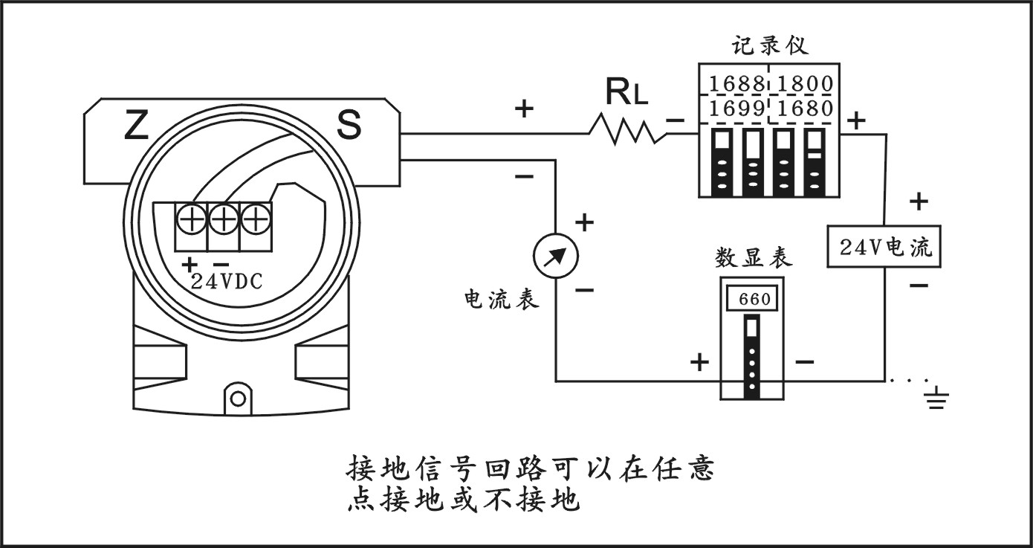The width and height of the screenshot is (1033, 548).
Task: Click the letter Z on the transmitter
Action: pos(136,126)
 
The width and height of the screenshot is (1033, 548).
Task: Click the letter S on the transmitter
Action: pos(349,126)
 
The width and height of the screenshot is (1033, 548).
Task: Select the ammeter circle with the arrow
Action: pos(556,256)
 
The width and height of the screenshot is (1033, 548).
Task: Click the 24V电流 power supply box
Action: pos(884,247)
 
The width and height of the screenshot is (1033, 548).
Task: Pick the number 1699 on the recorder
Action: pos(734,109)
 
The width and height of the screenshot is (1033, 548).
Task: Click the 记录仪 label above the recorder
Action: pos(769,46)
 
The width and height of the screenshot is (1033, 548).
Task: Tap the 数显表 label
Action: pos(753,258)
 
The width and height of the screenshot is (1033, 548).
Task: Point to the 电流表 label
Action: pos(499,299)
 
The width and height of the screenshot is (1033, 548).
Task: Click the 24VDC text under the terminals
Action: pos(227,282)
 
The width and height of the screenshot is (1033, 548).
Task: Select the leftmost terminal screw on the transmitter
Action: pos(191,219)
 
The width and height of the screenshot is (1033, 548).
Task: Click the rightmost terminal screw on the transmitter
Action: pos(255,219)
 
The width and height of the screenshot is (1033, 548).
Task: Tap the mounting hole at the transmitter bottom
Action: pos(238,398)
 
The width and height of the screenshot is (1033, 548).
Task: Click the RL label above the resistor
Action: pos(626,92)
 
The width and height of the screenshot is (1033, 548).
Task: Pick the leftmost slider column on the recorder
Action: pos(719,162)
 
